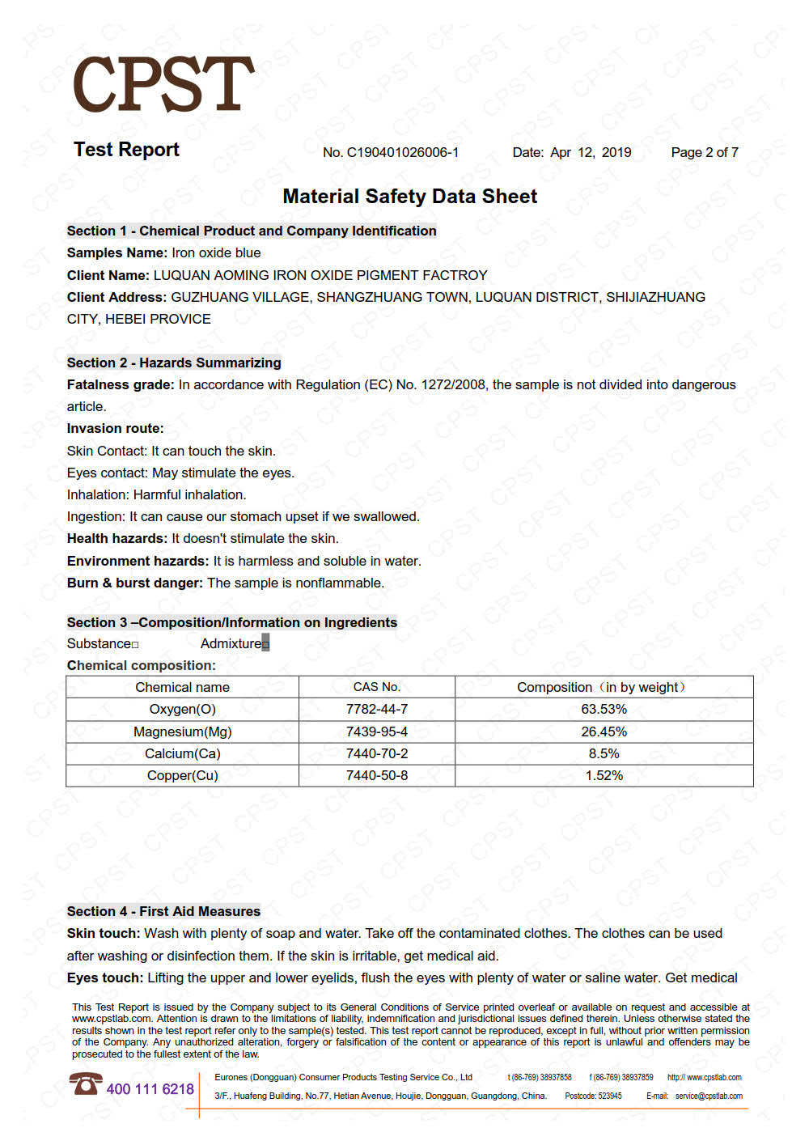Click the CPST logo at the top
pyautogui.click(x=163, y=84)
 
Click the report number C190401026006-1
pyautogui.click(x=402, y=153)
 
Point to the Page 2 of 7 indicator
pyautogui.click(x=704, y=153)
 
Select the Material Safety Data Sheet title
pyautogui.click(x=409, y=197)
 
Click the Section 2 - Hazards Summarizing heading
pyautogui.click(x=174, y=363)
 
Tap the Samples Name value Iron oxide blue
pyautogui.click(x=216, y=253)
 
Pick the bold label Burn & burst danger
pyautogui.click(x=134, y=583)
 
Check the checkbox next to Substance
pyautogui.click(x=135, y=645)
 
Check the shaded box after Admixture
pyautogui.click(x=265, y=644)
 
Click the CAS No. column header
pyautogui.click(x=376, y=687)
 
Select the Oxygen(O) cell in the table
pyautogui.click(x=182, y=710)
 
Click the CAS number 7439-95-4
pyautogui.click(x=376, y=732)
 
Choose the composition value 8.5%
pyautogui.click(x=604, y=753)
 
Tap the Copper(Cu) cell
pyautogui.click(x=182, y=775)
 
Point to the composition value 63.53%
pyautogui.click(x=604, y=710)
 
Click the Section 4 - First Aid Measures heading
pyautogui.click(x=163, y=911)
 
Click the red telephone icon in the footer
pyautogui.click(x=85, y=1084)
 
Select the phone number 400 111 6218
pyautogui.click(x=150, y=1089)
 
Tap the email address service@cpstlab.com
pyautogui.click(x=709, y=1096)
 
